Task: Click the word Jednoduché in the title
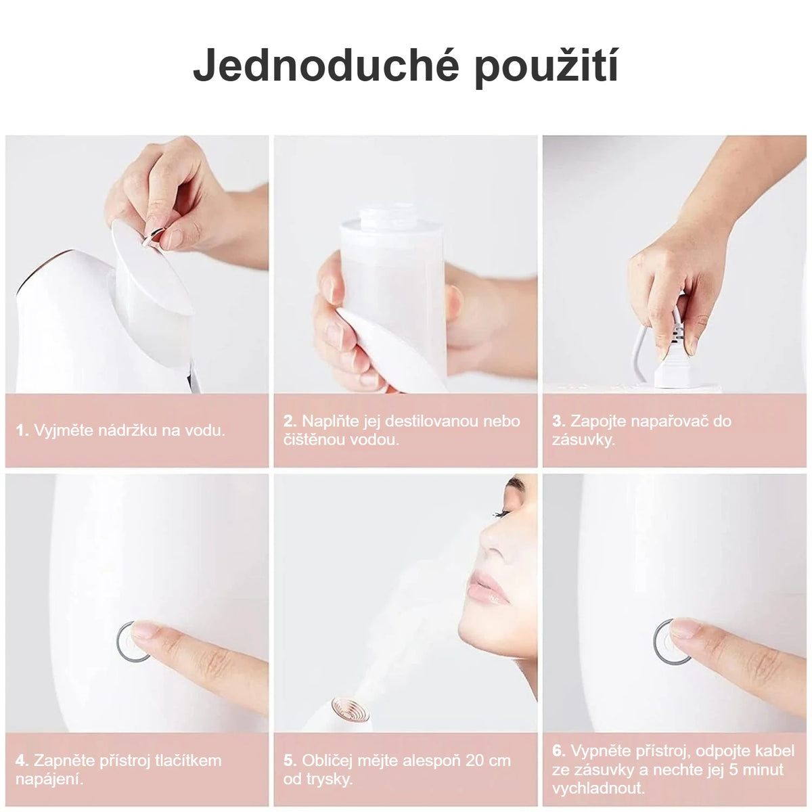coord(325,66)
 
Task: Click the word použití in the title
coord(547,68)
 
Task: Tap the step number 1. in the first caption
coord(22,430)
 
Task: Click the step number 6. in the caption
coord(559,750)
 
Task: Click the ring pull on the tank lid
coord(152,236)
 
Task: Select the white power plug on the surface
coord(672,370)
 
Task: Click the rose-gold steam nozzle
coord(350,709)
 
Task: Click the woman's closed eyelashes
coord(501,514)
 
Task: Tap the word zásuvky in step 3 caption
coord(583,440)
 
